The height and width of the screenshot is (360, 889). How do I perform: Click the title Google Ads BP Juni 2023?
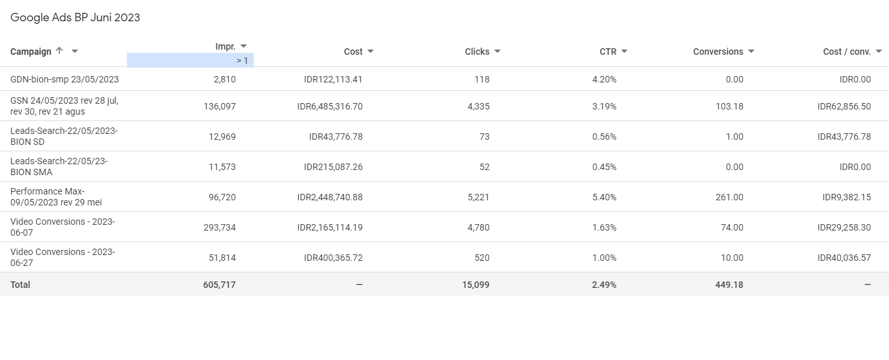click(x=75, y=17)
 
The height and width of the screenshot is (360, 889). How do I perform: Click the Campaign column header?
click(x=31, y=52)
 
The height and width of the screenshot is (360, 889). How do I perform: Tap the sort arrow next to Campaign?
click(x=59, y=51)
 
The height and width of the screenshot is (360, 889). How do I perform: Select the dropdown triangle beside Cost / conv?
click(x=879, y=52)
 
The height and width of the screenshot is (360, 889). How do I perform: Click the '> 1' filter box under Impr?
click(x=190, y=61)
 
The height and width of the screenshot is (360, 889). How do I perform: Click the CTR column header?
click(x=607, y=52)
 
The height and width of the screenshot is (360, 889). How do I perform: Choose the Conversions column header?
click(x=718, y=52)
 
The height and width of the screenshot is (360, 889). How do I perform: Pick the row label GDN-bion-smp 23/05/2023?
click(x=64, y=79)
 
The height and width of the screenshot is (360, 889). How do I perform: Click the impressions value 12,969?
click(x=220, y=137)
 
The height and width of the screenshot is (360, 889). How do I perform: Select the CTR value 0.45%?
click(x=604, y=167)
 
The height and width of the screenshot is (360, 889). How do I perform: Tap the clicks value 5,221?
click(x=477, y=197)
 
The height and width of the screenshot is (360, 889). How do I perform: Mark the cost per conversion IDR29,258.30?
click(x=844, y=227)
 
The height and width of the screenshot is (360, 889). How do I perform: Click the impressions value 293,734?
click(x=217, y=227)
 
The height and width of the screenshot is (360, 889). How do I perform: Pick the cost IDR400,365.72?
click(x=333, y=258)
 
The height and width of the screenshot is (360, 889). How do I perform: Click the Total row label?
click(x=20, y=285)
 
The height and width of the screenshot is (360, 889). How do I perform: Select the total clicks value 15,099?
click(x=475, y=285)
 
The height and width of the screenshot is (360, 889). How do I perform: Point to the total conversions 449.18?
click(x=729, y=285)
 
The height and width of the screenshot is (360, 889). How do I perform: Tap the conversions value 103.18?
click(x=729, y=106)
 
